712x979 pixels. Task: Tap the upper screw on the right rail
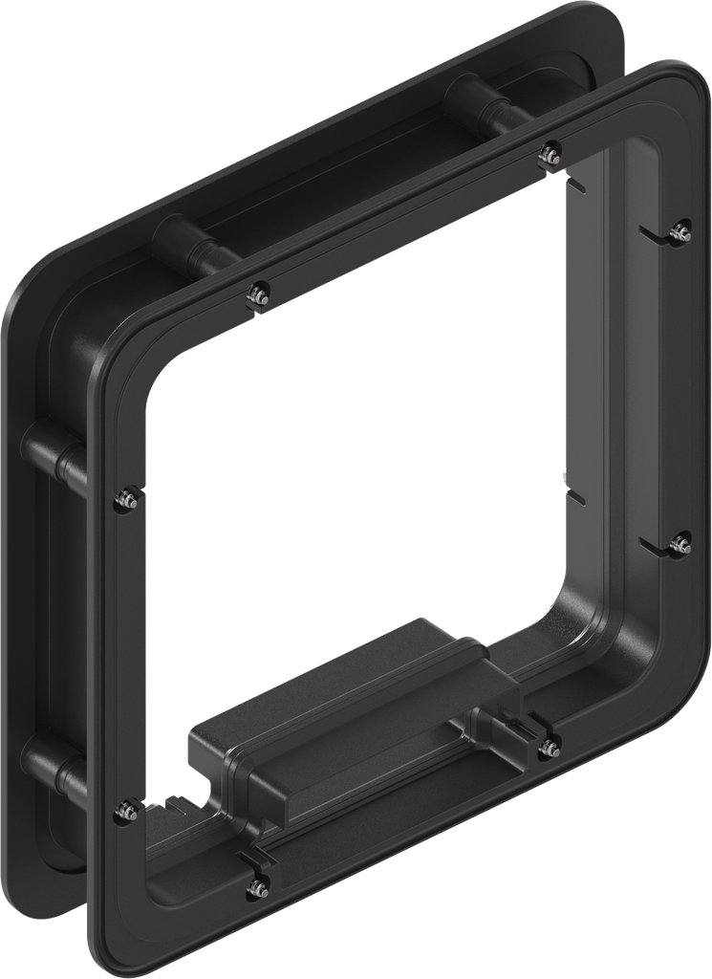pyautogui.click(x=680, y=230)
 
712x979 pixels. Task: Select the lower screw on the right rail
pyautogui.click(x=680, y=545)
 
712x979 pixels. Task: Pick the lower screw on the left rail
pyautogui.click(x=124, y=812)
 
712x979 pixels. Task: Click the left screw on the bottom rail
pyautogui.click(x=256, y=888)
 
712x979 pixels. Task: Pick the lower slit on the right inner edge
pyautogui.click(x=572, y=491)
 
